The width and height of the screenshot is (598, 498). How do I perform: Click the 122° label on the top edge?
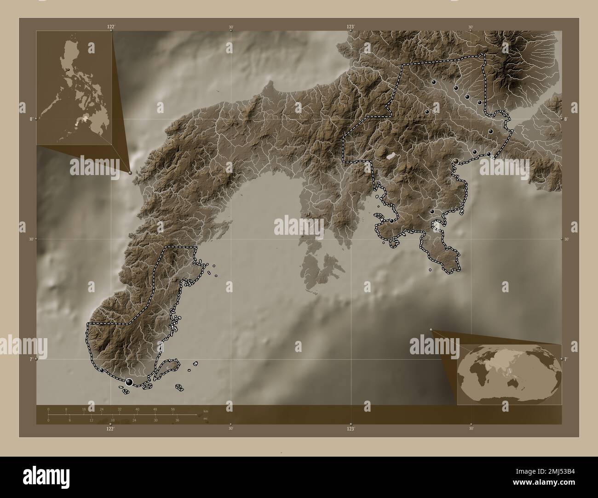(x=111, y=27)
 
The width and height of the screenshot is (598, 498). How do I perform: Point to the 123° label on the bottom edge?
(x=351, y=428)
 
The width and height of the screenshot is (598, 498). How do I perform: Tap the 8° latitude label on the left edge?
(x=31, y=119)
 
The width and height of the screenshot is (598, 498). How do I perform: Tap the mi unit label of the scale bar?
(x=206, y=419)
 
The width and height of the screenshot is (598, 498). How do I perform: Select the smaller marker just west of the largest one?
(x=101, y=369)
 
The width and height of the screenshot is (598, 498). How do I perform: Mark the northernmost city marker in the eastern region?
(x=433, y=82)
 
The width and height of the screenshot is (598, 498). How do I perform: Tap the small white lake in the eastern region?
(x=391, y=156)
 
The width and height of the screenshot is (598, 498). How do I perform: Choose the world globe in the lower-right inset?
(x=509, y=374)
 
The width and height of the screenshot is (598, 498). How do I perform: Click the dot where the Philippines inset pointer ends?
(x=130, y=173)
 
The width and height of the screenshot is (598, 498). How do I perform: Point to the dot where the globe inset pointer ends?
(x=431, y=329)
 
